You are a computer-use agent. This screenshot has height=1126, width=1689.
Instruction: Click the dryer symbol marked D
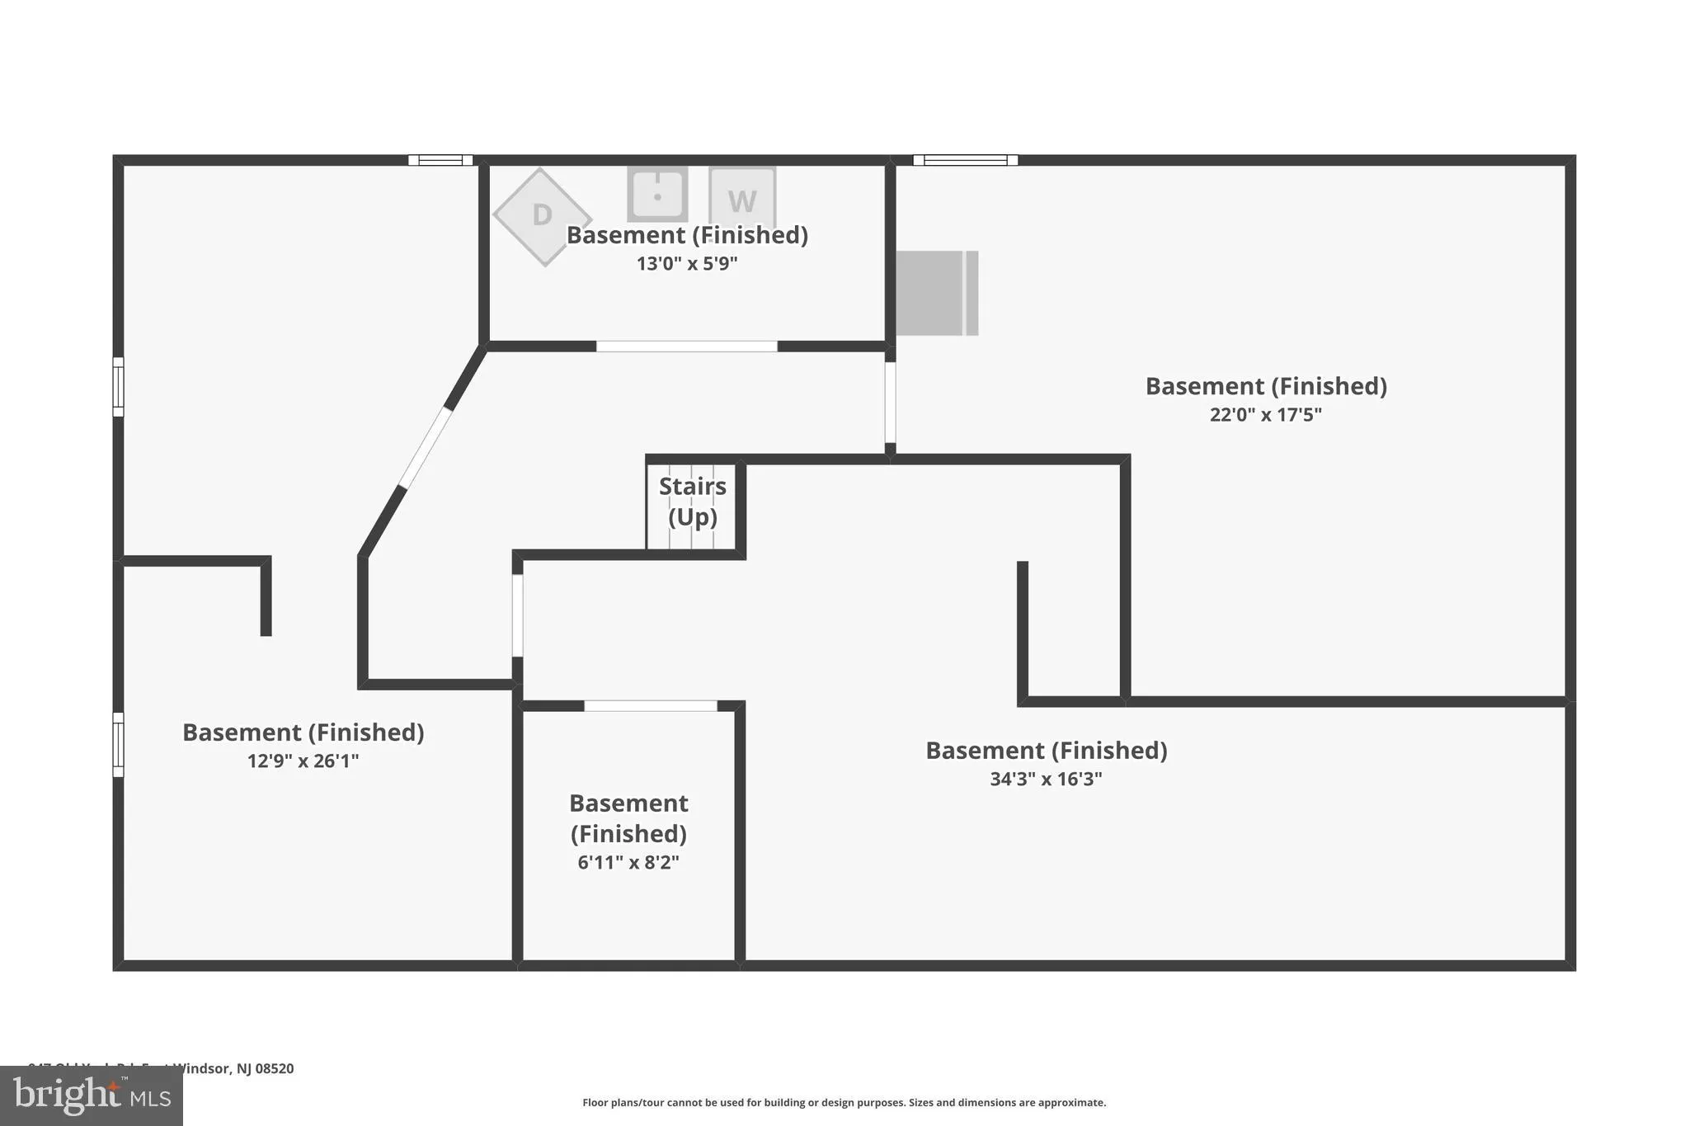tap(542, 216)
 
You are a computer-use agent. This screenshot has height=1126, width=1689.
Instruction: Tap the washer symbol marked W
tap(742, 198)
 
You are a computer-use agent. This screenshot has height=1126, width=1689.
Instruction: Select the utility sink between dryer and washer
tap(657, 195)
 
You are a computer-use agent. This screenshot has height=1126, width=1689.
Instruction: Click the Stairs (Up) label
tap(693, 502)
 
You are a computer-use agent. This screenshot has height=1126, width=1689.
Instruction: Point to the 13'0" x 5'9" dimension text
tap(687, 264)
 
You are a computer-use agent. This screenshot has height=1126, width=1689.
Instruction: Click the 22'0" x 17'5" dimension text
tap(1265, 415)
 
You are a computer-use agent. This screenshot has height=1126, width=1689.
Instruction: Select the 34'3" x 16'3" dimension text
tap(1046, 780)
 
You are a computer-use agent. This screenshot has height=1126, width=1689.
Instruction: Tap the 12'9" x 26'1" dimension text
tap(303, 761)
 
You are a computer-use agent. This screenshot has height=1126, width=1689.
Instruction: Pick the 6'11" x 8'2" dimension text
tap(628, 863)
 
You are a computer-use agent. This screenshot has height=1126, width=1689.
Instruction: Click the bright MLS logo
tap(91, 1096)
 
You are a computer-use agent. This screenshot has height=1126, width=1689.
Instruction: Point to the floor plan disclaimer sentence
tap(844, 1103)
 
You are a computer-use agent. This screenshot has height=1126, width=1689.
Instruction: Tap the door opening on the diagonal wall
tap(426, 447)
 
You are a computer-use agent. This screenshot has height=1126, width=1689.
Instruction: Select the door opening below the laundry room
tap(686, 346)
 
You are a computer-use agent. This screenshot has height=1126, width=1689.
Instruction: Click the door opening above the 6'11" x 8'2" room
tap(650, 706)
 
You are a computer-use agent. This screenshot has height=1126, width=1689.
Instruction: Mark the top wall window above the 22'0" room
tap(965, 160)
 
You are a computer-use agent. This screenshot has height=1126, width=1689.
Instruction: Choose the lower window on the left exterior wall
tap(118, 745)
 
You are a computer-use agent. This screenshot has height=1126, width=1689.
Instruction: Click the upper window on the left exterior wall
tap(118, 387)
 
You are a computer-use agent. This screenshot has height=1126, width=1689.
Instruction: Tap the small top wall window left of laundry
tap(440, 160)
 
